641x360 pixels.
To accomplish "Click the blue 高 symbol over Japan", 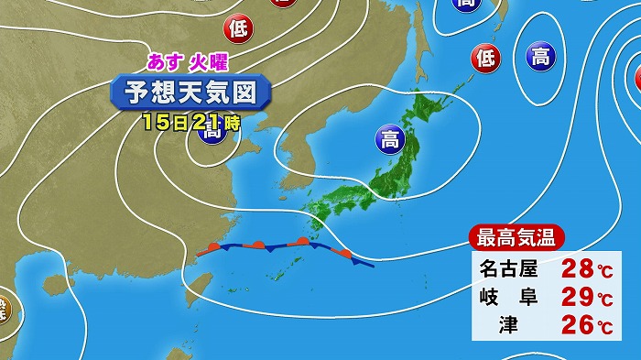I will pos(389,141).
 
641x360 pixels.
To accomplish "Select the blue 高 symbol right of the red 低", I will pos(539,59).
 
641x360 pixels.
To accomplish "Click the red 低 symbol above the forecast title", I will pos(238,28).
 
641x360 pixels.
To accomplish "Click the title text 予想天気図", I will pos(190,93).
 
